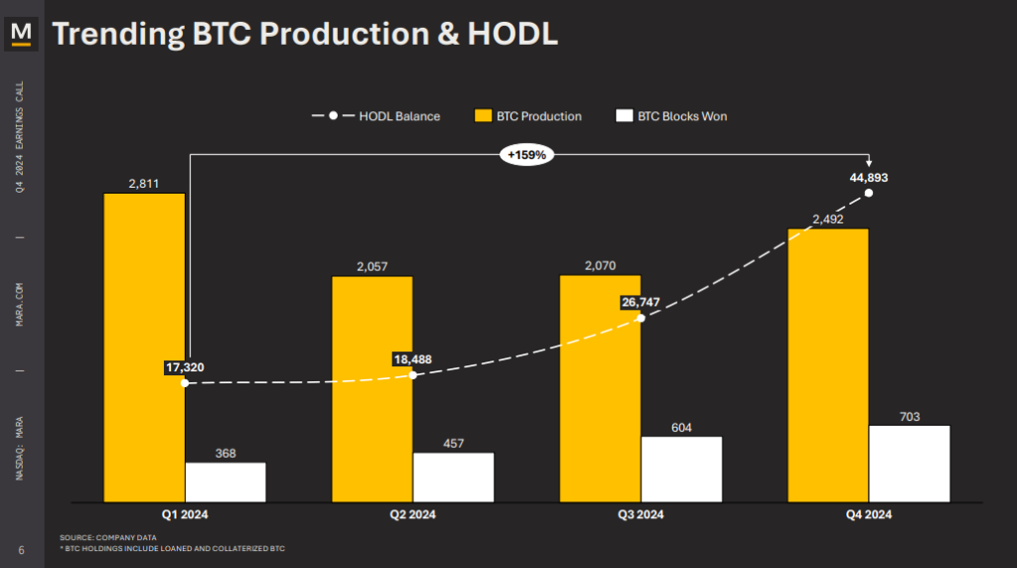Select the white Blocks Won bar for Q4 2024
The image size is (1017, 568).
(909, 464)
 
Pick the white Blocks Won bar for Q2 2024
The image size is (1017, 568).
(453, 478)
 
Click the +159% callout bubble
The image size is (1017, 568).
(526, 155)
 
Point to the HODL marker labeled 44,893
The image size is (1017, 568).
(869, 193)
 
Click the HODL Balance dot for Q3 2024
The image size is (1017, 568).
(641, 318)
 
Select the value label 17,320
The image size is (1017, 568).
(185, 367)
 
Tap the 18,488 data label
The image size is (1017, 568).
(414, 359)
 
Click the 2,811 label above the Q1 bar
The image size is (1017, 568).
(144, 183)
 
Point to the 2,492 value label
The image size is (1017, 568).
(827, 219)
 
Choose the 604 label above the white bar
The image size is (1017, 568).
(681, 428)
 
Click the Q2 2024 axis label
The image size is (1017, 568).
(412, 514)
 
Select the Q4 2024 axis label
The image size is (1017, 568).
(868, 514)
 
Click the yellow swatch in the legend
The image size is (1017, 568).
(482, 116)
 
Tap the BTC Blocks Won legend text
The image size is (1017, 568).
(682, 116)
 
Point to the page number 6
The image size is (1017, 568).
(21, 550)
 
